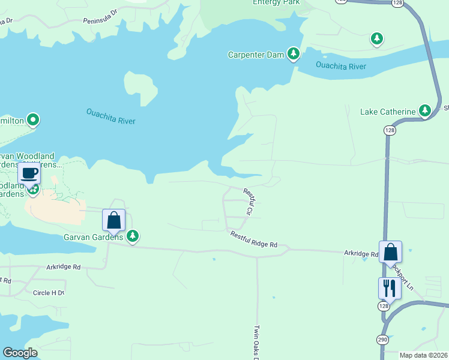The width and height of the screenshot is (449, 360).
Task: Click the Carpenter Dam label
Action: (x=256, y=55)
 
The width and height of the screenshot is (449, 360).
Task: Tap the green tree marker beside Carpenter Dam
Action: (x=294, y=55)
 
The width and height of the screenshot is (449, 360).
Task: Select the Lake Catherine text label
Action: (x=388, y=112)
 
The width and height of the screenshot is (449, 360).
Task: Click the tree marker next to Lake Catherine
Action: (x=426, y=110)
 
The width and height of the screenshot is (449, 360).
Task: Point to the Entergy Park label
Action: (x=276, y=2)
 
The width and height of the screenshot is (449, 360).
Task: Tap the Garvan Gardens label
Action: (x=94, y=236)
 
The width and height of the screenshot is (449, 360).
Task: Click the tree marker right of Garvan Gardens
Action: (x=133, y=236)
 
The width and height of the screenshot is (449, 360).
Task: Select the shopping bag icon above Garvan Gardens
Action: (x=114, y=220)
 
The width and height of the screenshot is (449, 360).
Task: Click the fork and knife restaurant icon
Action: (x=390, y=289)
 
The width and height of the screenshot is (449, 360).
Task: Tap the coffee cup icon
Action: (x=29, y=173)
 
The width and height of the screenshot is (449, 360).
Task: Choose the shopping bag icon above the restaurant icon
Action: (x=390, y=253)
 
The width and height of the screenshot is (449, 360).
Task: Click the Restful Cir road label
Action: (x=249, y=202)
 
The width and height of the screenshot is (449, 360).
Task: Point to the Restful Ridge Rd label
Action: (x=254, y=240)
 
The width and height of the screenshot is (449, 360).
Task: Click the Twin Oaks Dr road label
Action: (x=256, y=343)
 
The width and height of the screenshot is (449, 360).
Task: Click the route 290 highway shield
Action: (x=382, y=340)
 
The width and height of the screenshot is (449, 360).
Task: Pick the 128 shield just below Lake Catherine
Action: (x=390, y=130)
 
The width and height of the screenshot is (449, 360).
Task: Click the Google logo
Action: (x=20, y=353)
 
